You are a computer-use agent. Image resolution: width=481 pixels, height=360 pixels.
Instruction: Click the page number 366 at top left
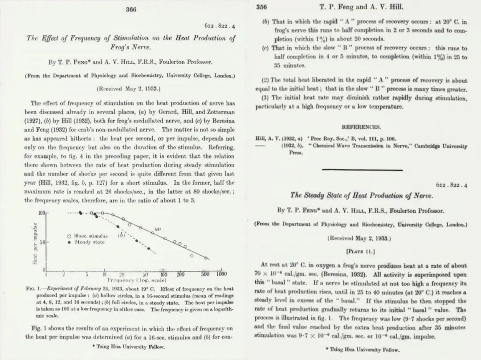[x=130, y=9]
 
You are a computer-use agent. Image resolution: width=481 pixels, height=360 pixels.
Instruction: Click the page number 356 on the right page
[x=261, y=7]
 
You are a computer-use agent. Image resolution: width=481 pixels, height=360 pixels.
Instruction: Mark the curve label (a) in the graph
[x=158, y=229]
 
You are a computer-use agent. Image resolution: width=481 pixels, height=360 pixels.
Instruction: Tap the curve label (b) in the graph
[x=120, y=235]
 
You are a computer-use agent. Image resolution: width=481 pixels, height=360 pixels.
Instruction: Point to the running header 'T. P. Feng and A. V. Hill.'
[x=362, y=8]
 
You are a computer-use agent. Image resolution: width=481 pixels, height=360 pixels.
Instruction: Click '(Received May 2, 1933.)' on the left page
[x=129, y=88]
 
